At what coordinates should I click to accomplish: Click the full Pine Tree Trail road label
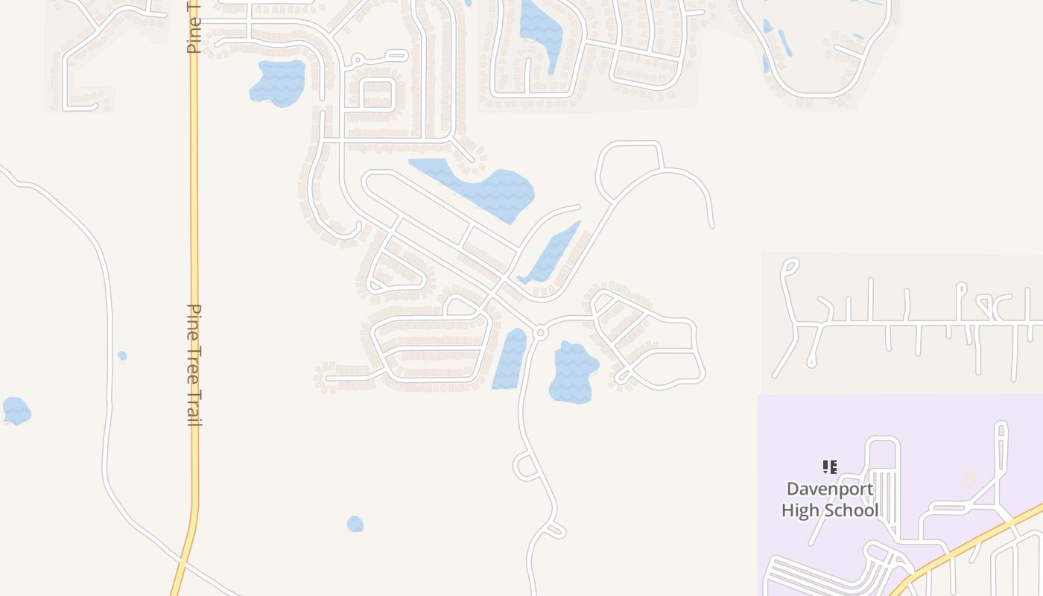194,364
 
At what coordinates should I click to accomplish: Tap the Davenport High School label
830,500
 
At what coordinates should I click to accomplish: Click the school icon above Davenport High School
829,467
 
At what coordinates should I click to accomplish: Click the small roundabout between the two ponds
541,332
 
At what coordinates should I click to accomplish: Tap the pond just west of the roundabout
510,359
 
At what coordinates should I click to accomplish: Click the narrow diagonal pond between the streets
552,253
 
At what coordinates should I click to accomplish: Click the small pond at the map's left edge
16,410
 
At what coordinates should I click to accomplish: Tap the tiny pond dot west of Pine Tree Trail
122,356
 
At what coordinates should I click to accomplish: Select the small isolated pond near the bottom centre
355,524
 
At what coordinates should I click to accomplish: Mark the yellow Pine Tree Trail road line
194,223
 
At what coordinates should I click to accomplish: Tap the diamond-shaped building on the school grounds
969,478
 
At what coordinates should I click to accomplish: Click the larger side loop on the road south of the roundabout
525,466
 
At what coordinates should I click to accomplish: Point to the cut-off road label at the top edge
192,26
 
